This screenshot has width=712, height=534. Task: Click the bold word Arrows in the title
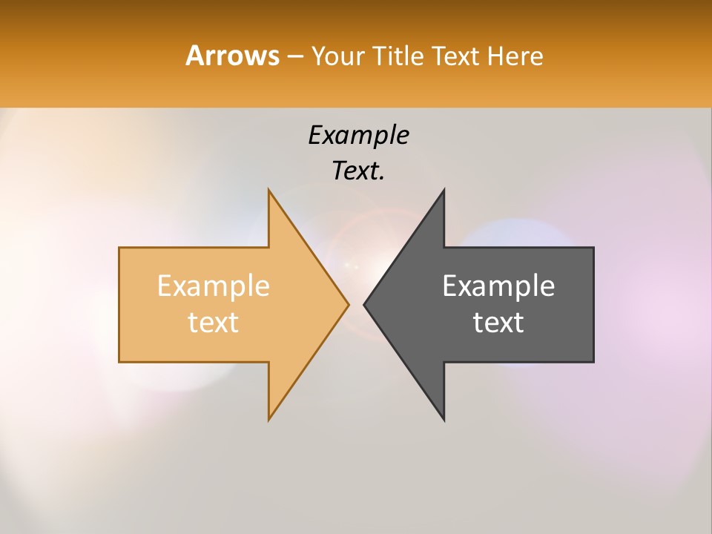click(232, 56)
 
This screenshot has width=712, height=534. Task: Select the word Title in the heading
click(401, 56)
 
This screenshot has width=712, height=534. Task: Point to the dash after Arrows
click(295, 57)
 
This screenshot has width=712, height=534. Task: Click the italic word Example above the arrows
click(358, 136)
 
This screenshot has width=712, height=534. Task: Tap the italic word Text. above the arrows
click(357, 171)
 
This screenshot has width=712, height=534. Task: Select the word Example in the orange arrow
click(214, 286)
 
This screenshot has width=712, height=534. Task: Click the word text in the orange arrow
click(214, 322)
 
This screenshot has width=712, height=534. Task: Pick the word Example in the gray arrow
click(498, 286)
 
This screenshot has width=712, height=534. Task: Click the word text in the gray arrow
click(498, 322)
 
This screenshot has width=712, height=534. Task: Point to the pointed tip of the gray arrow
click(366, 304)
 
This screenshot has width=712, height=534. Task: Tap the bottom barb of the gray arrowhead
click(443, 417)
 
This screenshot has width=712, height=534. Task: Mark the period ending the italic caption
click(382, 179)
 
